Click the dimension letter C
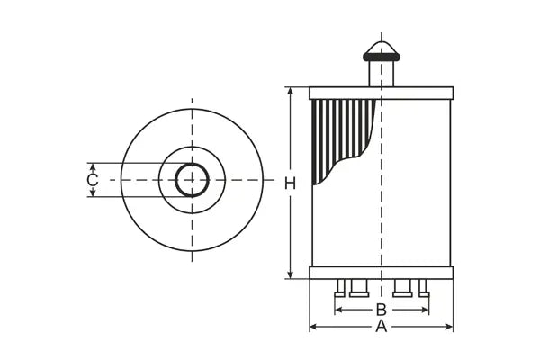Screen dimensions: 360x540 pos(92,180)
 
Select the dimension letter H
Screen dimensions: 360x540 pos(290,184)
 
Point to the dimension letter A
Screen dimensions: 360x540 pos(381,327)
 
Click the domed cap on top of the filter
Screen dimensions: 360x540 pos(382,46)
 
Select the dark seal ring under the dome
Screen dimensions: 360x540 pos(382,57)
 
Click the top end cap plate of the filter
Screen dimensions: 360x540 pos(382,93)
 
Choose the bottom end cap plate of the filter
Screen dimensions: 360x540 pos(382,273)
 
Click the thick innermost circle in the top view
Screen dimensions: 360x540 pos(192,165)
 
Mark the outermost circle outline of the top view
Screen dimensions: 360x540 pos(192,109)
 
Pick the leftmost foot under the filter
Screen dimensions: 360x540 pos(340,289)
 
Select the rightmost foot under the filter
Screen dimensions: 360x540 pos(423,289)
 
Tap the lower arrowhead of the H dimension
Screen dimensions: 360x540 pos(290,274)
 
